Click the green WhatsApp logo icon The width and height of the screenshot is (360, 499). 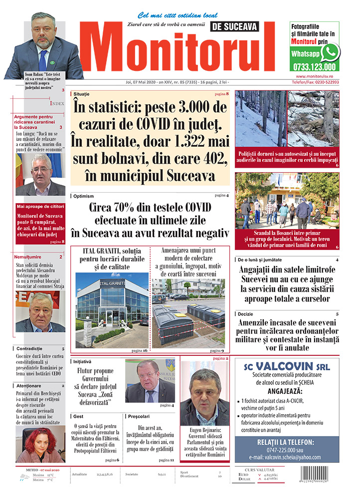coord(330,52)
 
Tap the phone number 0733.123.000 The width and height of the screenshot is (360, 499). coord(315,66)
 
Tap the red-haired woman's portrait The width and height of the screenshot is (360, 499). coord(38,444)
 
